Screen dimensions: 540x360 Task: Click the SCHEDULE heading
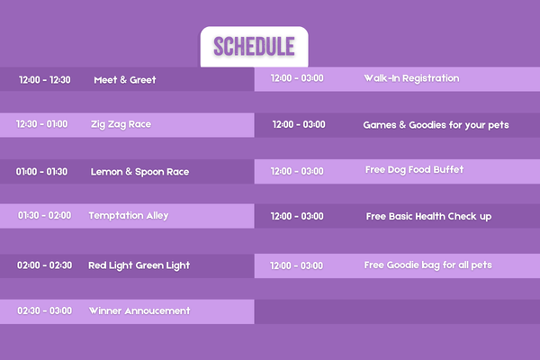coord(254,46)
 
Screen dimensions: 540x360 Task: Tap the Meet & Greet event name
coord(125,80)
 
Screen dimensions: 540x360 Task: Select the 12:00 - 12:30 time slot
coord(45,80)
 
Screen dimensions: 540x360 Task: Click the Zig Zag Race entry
coord(121,124)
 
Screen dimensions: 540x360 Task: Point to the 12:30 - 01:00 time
coord(42,124)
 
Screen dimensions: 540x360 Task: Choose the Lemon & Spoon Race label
coord(139,172)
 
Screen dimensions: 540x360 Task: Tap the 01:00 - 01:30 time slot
coord(41,172)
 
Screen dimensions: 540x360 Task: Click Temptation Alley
coord(129,216)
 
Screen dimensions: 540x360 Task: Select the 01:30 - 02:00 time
coord(44,215)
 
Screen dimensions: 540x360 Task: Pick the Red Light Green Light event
coord(139,265)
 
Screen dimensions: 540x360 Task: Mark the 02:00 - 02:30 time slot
coord(45,265)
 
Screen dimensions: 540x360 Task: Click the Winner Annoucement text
coord(139,310)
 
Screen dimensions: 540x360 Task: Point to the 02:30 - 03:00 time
coord(45,310)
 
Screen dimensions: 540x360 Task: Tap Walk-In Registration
coord(411,78)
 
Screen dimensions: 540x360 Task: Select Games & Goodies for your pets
coord(436,125)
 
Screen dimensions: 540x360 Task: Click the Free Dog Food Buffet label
coord(414,170)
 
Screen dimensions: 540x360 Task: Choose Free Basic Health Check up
coord(428,216)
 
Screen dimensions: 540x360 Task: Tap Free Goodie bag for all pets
coord(428,265)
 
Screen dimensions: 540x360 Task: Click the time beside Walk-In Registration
coord(297,78)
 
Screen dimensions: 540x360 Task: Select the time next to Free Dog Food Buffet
coord(297,171)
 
